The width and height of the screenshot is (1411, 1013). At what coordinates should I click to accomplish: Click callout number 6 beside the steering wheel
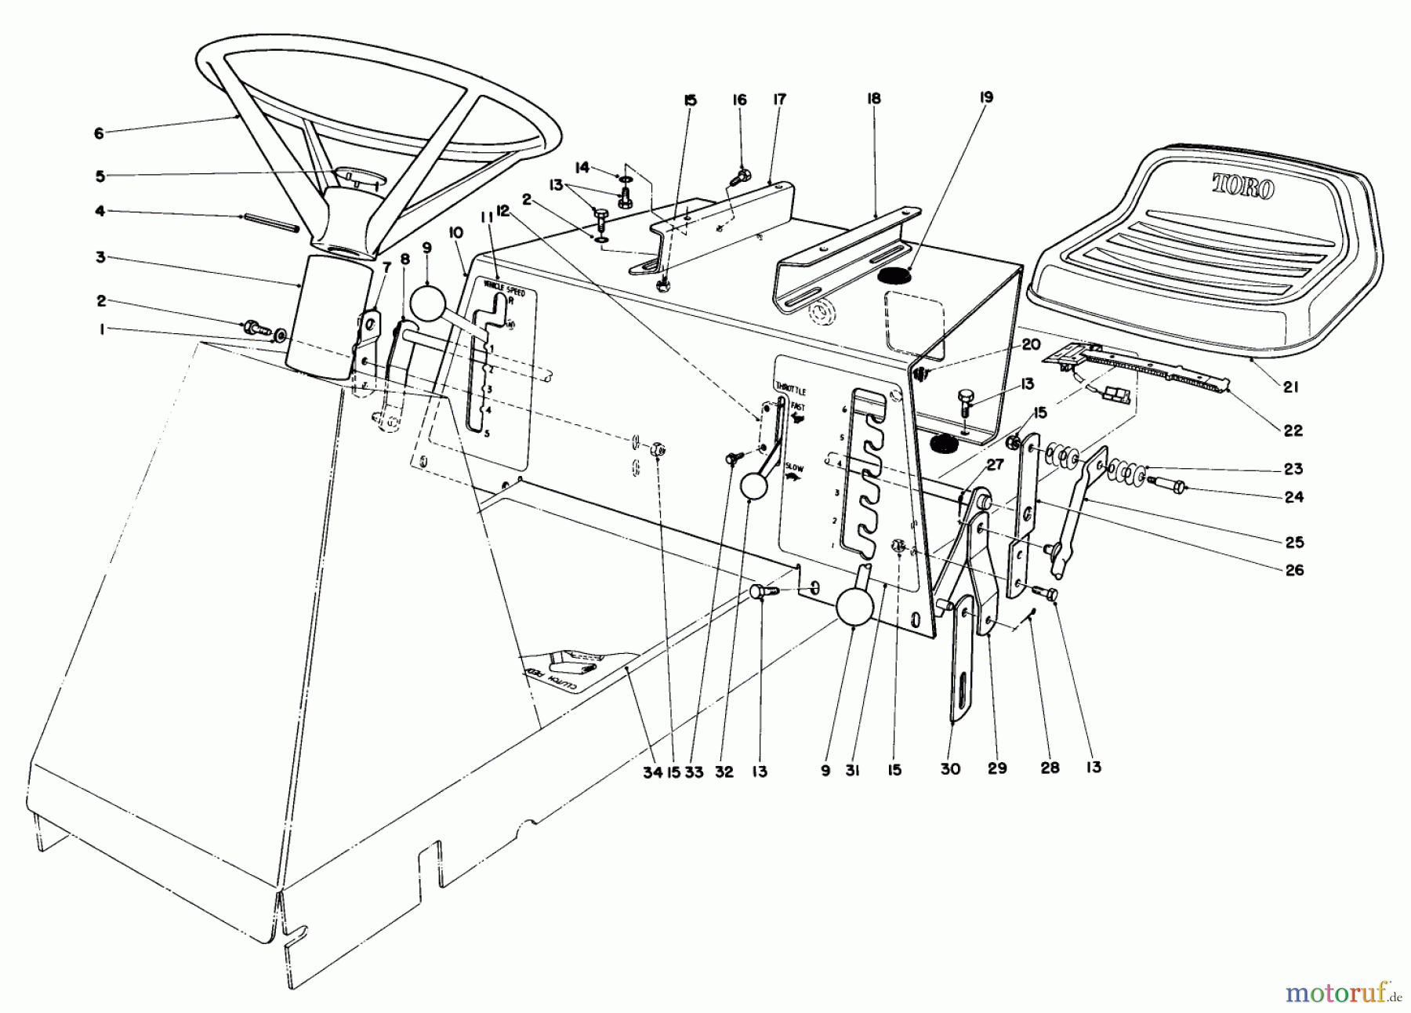click(x=98, y=133)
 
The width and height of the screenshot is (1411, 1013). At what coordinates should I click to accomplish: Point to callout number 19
click(x=986, y=97)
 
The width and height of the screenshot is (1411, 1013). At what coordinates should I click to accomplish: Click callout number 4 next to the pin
click(x=100, y=211)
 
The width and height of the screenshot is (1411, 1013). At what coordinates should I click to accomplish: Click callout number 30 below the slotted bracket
click(x=950, y=769)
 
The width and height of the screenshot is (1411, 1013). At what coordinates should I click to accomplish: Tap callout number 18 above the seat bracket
click(x=874, y=99)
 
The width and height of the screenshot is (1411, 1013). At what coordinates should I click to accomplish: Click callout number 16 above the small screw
click(x=740, y=100)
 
